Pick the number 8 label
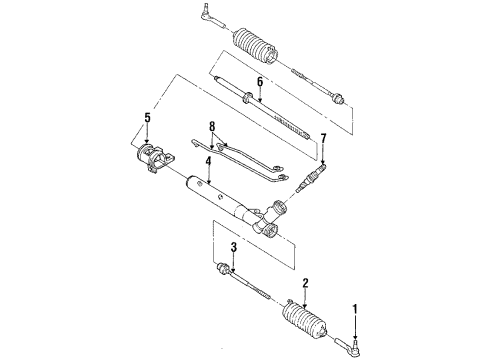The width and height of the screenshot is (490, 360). point(211,126)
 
